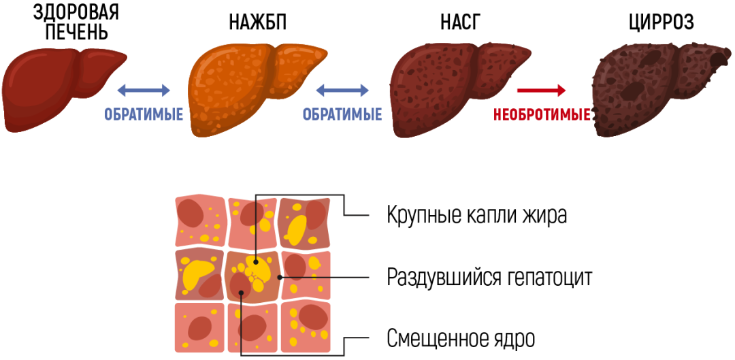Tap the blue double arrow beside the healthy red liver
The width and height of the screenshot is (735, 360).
[x=144, y=90]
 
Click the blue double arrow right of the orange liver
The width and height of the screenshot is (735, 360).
[x=342, y=90]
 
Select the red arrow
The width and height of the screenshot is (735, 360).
[x=541, y=90]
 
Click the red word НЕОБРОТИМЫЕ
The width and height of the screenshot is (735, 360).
[x=542, y=115]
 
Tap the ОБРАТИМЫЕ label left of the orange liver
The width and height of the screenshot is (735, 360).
[x=144, y=114]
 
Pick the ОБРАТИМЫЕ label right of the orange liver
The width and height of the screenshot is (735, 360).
[x=342, y=114]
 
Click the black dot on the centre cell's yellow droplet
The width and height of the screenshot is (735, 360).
[x=255, y=261]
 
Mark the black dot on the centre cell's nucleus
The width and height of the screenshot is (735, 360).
[x=241, y=293]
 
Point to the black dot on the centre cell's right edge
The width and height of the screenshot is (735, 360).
[x=280, y=277]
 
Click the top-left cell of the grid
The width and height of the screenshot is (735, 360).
[x=200, y=220]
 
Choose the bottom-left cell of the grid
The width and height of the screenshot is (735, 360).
[x=199, y=328]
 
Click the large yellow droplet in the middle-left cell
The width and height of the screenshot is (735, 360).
[x=197, y=272]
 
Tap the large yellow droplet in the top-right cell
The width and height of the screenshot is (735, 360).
[x=297, y=229]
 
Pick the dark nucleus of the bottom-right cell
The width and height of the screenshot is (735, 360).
[x=312, y=317]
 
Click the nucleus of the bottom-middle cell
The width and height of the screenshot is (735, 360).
[x=251, y=327]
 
